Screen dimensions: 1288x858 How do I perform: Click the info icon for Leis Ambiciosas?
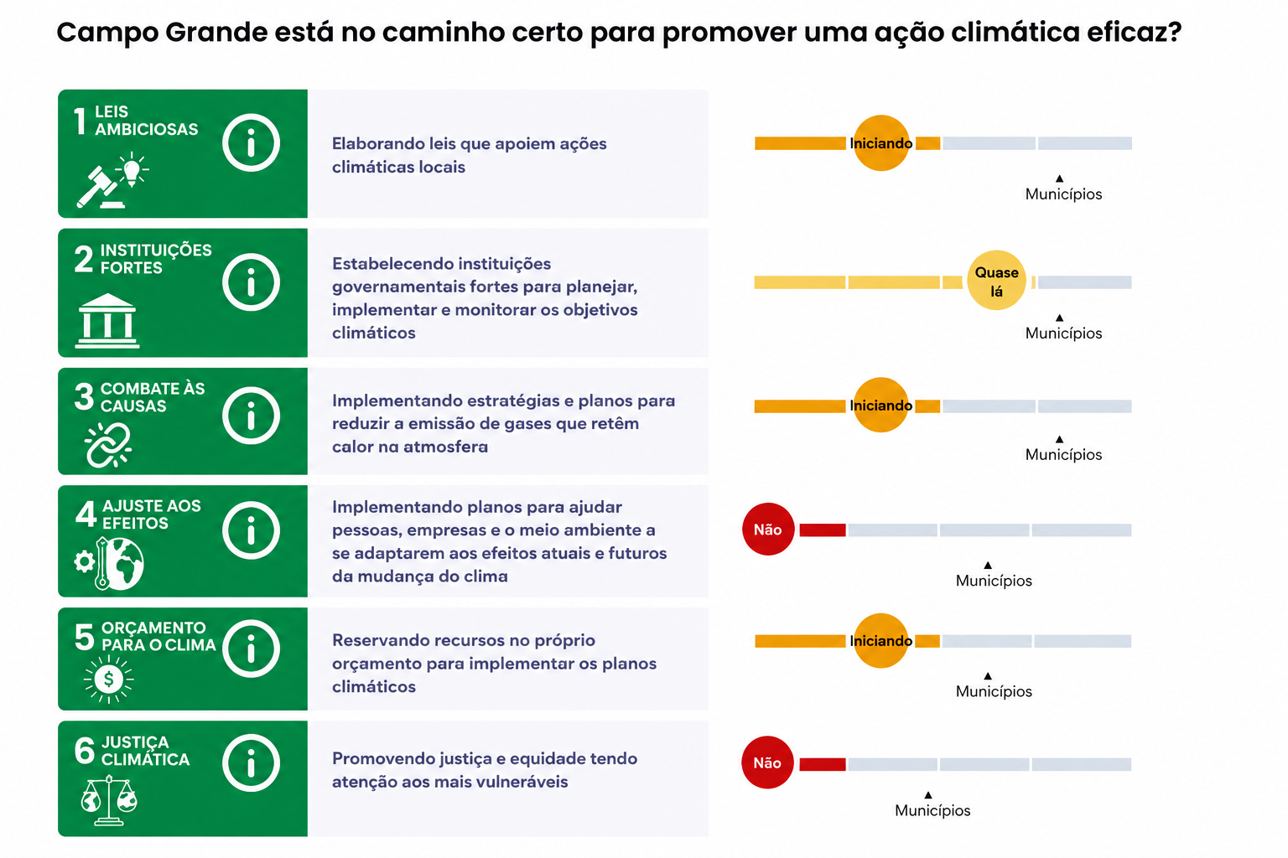tap(251, 142)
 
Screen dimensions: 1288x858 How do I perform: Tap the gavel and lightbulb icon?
tap(112, 180)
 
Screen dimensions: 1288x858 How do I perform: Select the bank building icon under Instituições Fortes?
tap(107, 321)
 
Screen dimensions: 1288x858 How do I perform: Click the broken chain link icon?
tap(108, 446)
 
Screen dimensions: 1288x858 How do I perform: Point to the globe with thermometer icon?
tap(109, 564)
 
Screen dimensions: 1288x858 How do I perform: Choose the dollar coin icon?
tap(109, 680)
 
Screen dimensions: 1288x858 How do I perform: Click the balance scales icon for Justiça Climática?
tap(109, 800)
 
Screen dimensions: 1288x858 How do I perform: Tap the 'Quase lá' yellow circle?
tap(996, 281)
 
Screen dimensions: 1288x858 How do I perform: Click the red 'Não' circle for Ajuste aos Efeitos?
tap(768, 530)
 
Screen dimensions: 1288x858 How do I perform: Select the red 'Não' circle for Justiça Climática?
tap(767, 762)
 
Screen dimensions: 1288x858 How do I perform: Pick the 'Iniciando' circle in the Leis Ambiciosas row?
tap(881, 143)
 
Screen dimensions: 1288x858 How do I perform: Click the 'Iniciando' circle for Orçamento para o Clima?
tap(881, 641)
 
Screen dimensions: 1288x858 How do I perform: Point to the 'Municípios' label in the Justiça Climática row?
tap(932, 810)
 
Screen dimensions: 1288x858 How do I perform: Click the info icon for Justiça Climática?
tap(251, 762)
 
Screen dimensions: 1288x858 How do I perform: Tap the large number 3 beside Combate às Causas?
tap(84, 396)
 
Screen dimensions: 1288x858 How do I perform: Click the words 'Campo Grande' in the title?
tap(162, 32)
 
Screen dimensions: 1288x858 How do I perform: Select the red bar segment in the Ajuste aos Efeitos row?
tap(823, 530)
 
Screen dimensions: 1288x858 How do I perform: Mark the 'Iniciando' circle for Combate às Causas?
tap(881, 406)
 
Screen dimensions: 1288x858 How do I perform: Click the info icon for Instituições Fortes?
tap(251, 282)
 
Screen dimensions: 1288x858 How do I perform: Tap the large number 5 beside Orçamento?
tap(84, 637)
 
